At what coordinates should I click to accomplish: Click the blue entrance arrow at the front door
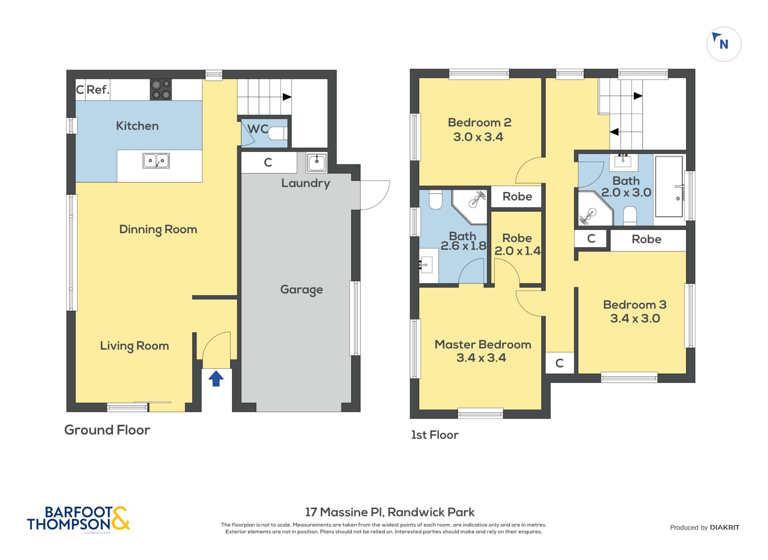216,379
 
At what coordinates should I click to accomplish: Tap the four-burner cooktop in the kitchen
161,90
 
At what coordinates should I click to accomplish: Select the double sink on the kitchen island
156,161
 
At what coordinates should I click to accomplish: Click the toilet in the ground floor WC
278,133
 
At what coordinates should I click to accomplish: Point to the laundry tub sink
317,162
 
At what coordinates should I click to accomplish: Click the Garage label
301,290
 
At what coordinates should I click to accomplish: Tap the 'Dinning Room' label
158,229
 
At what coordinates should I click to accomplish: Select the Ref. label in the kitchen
98,90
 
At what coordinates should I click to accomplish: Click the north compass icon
724,44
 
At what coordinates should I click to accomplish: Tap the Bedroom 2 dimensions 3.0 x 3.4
478,137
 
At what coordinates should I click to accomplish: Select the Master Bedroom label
483,344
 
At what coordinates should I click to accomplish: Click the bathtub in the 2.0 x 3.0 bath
669,186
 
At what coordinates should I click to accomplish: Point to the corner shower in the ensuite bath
469,207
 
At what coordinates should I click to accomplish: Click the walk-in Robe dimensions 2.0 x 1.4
517,251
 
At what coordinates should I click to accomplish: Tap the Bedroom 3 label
635,305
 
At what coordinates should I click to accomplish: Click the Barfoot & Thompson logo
78,519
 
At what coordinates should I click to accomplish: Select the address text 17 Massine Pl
344,512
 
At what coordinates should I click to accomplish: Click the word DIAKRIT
724,527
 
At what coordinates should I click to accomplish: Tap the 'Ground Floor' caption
107,430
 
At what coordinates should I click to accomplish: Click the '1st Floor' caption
435,435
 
